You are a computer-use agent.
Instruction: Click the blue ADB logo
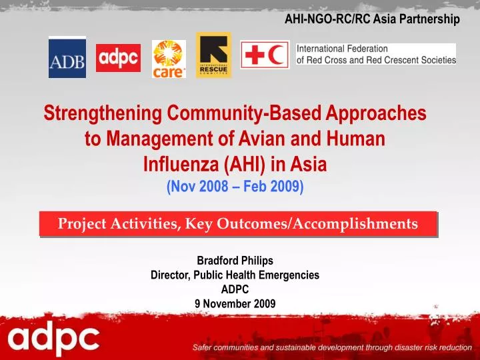(67, 57)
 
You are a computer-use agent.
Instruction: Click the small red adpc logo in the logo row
(118, 58)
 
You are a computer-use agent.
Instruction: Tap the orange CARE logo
(169, 59)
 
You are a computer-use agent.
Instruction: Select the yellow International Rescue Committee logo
(213, 55)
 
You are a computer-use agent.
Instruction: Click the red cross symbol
(255, 55)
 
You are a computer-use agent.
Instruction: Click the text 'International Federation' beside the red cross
(342, 49)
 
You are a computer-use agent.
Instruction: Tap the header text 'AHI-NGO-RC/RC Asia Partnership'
(372, 19)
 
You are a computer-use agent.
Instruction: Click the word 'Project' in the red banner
(83, 224)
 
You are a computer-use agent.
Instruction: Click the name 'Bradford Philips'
(235, 261)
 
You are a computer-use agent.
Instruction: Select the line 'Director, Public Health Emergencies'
(235, 275)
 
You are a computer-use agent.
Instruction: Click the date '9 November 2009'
(235, 303)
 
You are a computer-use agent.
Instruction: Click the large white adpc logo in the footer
(53, 340)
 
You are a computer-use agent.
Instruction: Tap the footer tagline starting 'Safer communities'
(331, 348)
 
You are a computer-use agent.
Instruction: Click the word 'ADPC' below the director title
(235, 289)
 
